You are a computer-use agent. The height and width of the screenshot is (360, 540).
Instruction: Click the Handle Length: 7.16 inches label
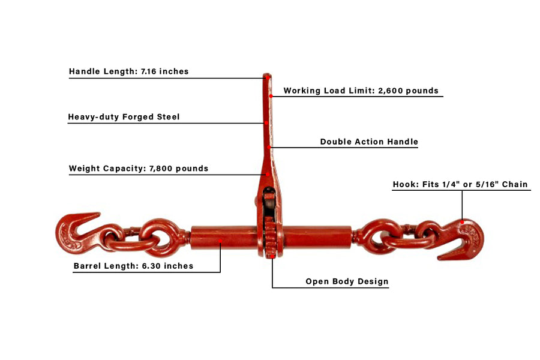[x=129, y=71]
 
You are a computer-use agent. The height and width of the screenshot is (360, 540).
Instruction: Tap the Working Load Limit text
[x=361, y=91]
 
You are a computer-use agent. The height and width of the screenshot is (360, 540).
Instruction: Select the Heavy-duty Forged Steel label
[x=124, y=117]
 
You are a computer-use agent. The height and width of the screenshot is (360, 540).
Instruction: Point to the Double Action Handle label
[x=369, y=142]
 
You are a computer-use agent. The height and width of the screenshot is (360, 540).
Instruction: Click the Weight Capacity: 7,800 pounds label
[x=139, y=169]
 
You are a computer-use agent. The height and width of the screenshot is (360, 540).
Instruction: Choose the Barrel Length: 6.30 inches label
[x=133, y=266]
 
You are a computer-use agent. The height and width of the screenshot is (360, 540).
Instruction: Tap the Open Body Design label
[x=347, y=281]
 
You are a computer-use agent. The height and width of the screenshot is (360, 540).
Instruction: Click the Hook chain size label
[x=460, y=184]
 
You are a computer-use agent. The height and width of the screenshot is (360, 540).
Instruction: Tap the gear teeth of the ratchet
[x=271, y=237]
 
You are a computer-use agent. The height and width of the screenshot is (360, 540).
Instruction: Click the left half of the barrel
[x=224, y=237]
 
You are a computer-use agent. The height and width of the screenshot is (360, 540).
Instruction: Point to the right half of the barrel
[x=317, y=237]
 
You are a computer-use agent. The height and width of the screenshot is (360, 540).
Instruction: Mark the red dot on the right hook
[x=462, y=222]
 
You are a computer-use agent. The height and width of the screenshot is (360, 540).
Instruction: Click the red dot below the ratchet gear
[x=272, y=256]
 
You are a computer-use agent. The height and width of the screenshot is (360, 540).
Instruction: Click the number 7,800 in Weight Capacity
[x=161, y=169]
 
